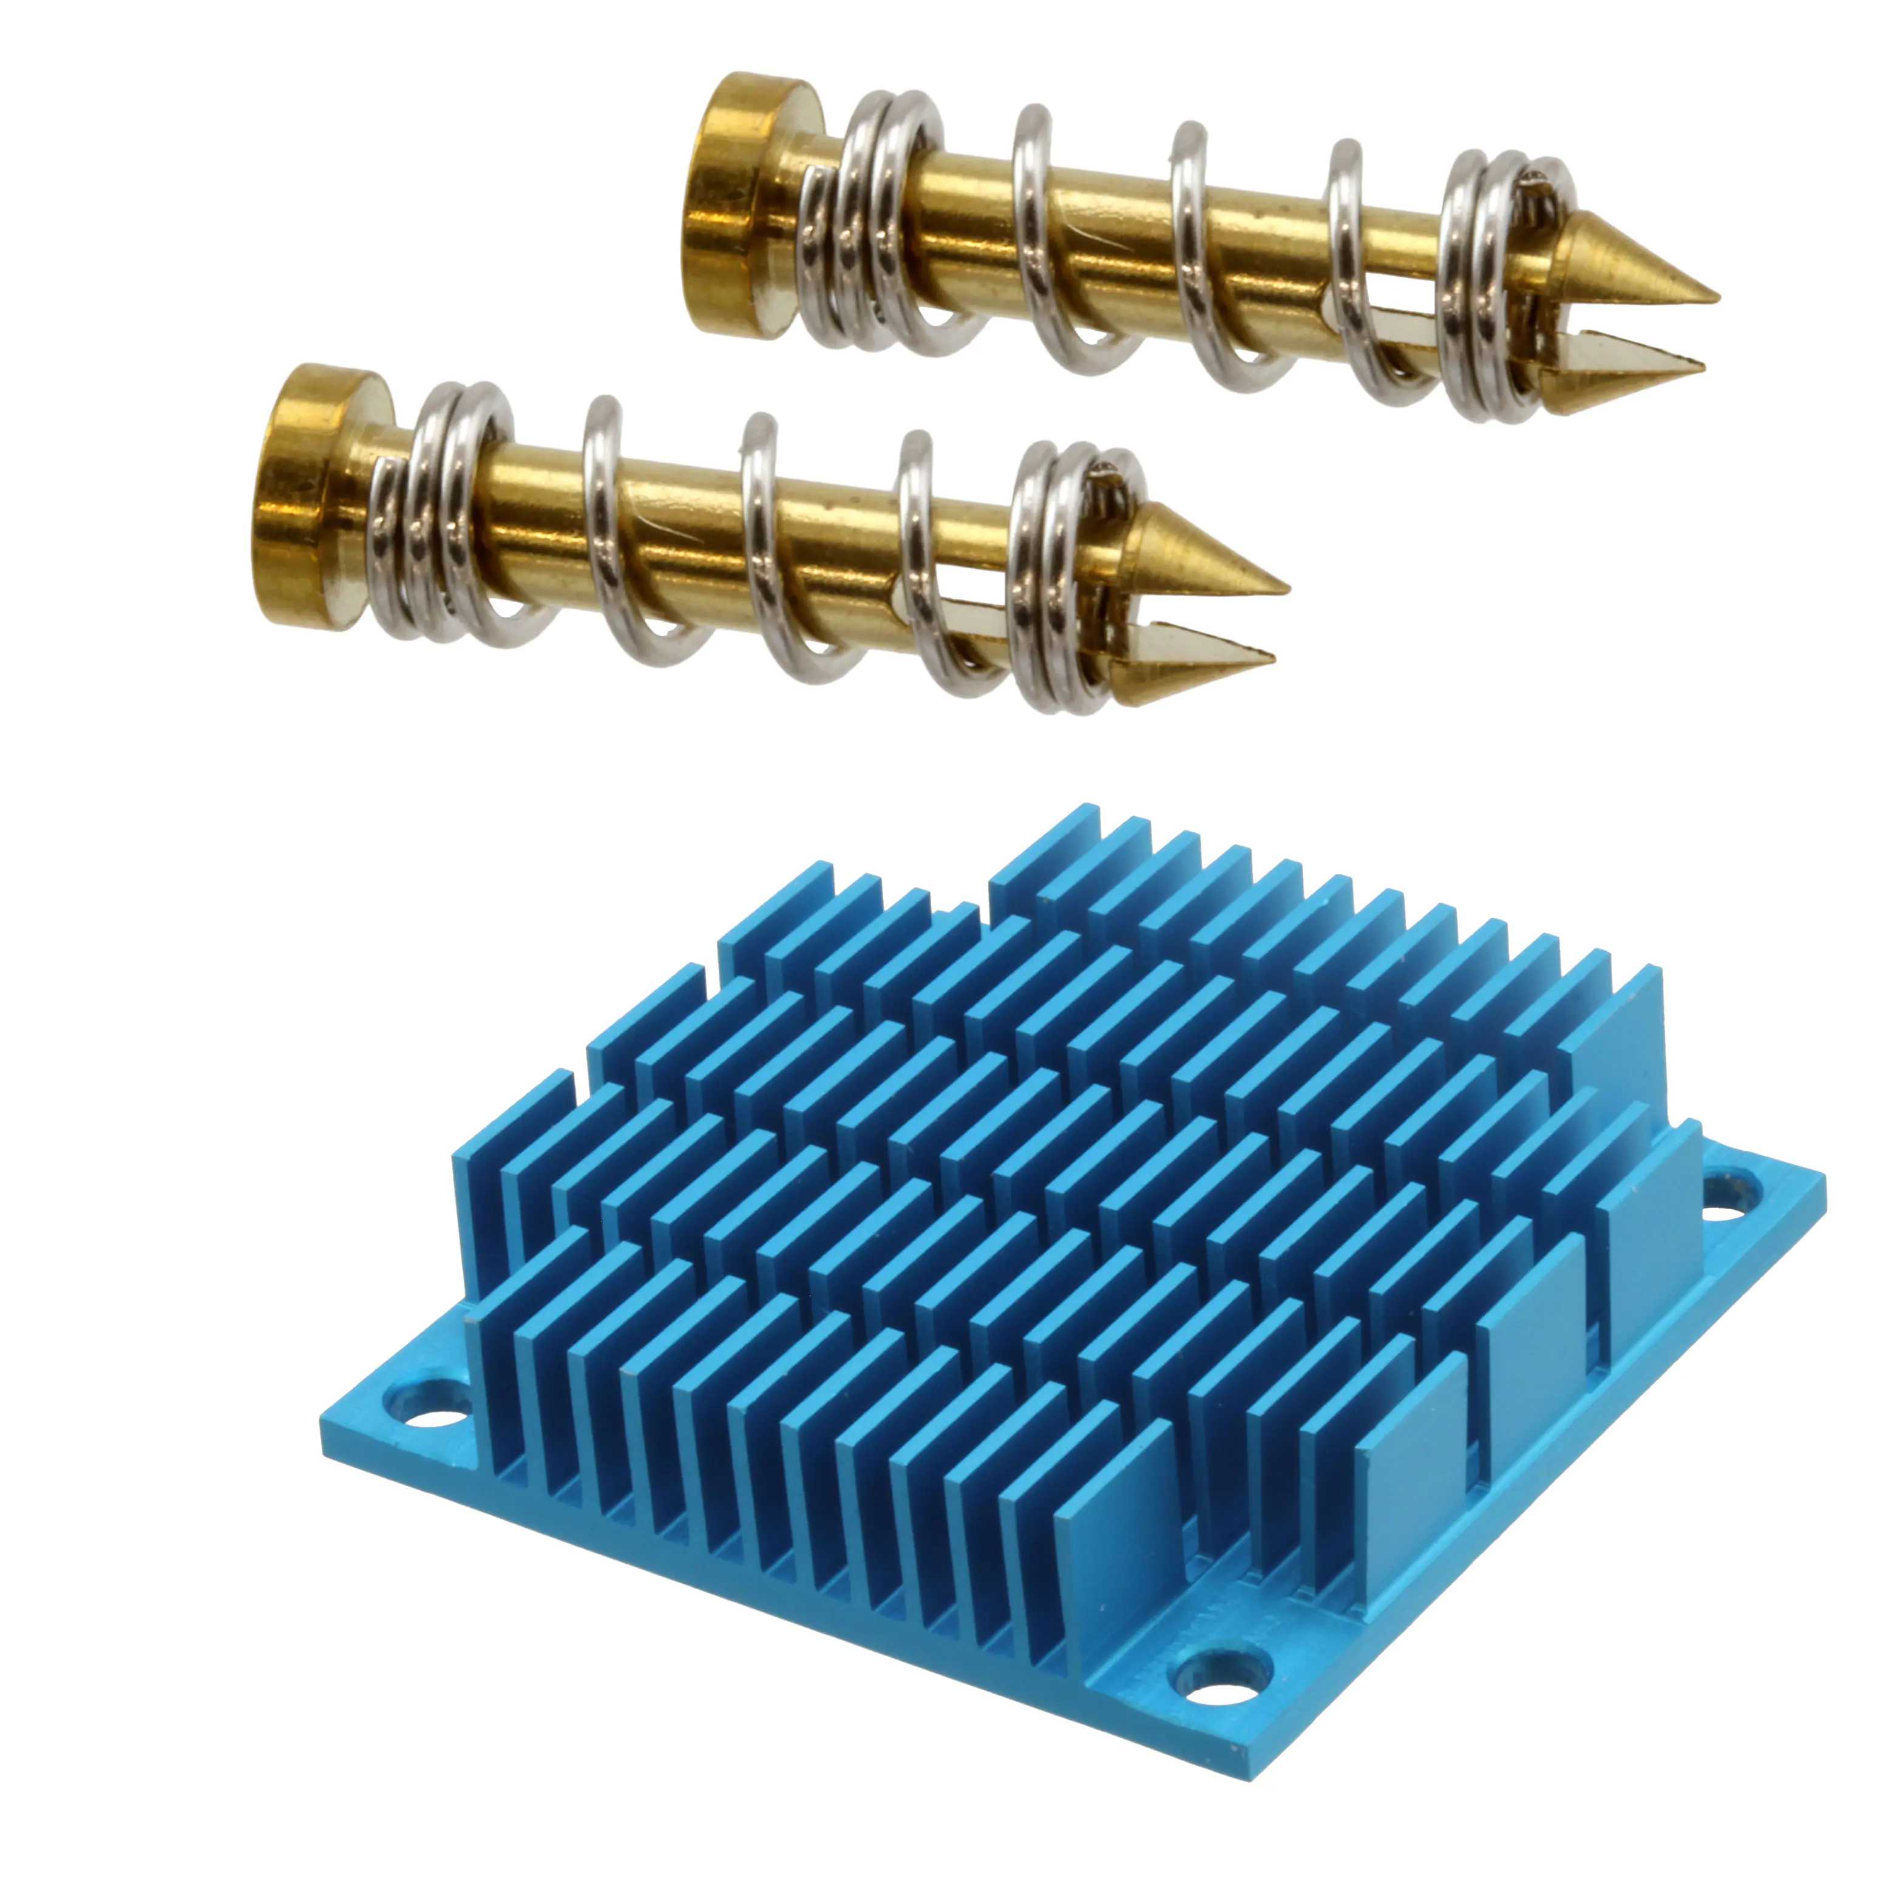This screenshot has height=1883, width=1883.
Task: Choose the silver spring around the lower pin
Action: (760, 546)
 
